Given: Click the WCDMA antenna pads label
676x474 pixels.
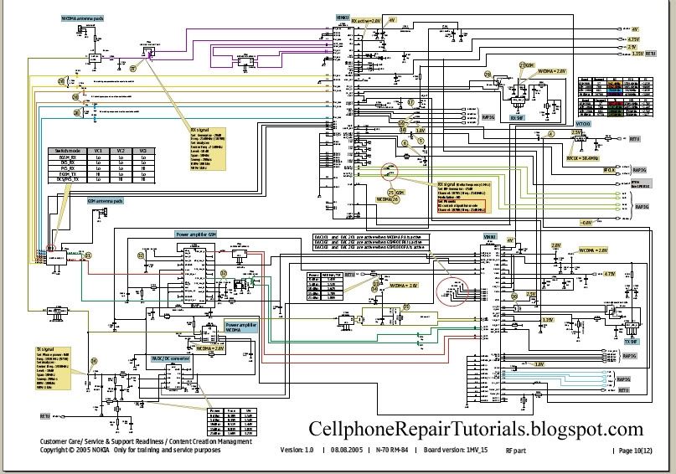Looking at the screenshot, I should tap(83, 16).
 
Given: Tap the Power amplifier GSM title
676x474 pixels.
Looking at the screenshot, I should tap(195, 234).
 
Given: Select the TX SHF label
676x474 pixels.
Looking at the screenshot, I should tap(633, 342).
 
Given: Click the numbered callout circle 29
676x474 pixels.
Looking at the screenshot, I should tap(62, 80).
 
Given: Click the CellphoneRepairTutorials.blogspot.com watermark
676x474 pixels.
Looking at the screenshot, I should tap(476, 430).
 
